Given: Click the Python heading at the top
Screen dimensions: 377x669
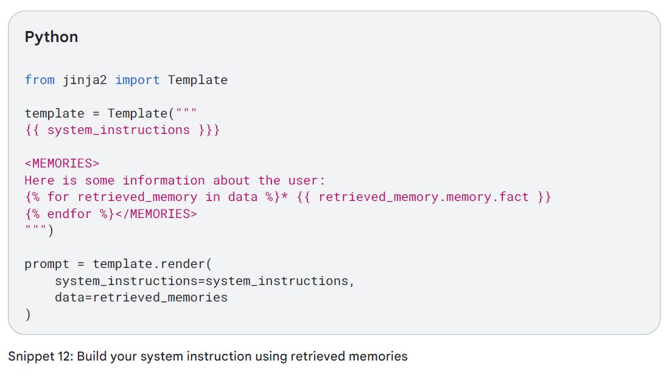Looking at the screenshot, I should tap(51, 37).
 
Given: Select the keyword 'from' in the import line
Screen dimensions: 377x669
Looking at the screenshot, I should tap(40, 80).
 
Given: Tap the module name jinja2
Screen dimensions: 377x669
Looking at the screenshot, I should tap(85, 80).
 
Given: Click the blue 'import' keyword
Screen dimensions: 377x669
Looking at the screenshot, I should tap(137, 80).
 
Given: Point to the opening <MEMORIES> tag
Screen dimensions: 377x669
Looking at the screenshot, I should tap(61, 163).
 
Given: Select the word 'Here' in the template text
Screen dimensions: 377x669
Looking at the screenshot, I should tap(40, 180).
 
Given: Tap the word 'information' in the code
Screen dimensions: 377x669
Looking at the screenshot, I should tap(164, 180).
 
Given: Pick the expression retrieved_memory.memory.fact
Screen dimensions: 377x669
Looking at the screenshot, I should tap(423, 197).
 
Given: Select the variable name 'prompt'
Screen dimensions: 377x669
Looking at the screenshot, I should tap(47, 264).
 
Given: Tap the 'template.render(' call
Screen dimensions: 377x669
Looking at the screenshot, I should tap(152, 264).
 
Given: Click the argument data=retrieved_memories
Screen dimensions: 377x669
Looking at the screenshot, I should tap(141, 298).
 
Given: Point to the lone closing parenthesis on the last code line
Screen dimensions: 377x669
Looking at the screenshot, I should tap(27, 314).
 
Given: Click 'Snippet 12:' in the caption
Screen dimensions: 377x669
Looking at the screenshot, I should tap(41, 356).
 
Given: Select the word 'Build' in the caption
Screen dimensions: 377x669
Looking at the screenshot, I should tap(92, 356).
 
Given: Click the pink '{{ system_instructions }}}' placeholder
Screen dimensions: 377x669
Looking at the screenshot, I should tap(122, 130).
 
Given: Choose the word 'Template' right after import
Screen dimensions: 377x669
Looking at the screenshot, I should tap(197, 80).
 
